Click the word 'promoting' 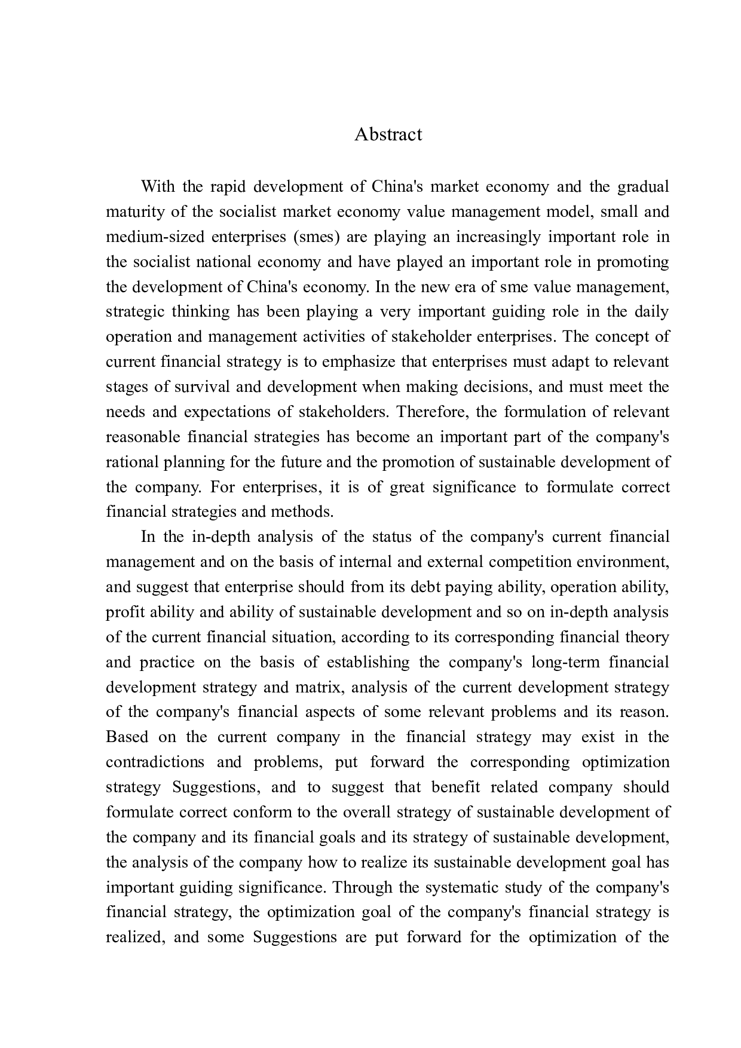633,262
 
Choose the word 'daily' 652,312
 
